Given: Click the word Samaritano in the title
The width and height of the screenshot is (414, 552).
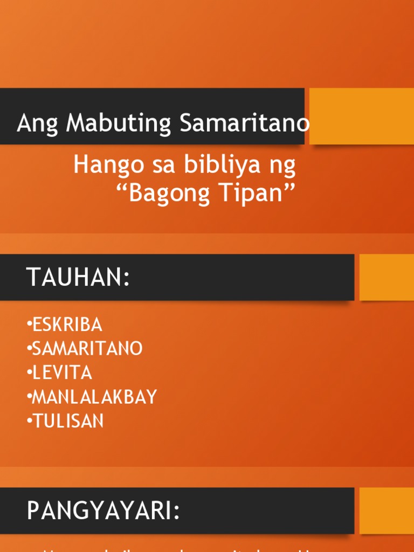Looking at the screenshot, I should tap(245, 123).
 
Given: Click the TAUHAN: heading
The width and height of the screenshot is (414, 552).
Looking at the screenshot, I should tap(78, 278).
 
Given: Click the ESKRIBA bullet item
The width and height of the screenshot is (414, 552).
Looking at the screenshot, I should tap(67, 325).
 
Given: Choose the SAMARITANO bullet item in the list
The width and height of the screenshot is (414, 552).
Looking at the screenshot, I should tap(87, 349).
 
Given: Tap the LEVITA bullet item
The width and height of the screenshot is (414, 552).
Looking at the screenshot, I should tap(62, 372).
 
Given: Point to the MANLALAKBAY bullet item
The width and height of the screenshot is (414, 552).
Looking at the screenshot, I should tap(94, 397).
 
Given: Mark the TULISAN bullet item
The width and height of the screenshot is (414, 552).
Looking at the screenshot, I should tap(68, 421).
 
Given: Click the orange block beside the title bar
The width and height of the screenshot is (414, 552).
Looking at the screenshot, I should tap(361, 116).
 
